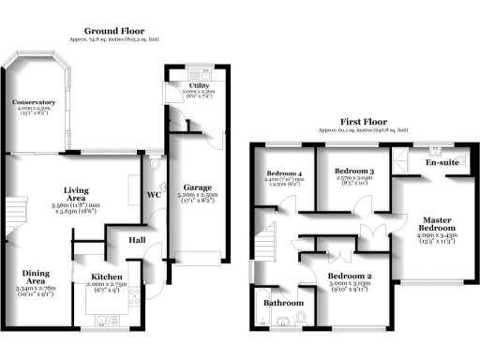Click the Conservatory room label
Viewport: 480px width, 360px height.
(x=32, y=101)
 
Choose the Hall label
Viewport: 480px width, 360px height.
(x=137, y=240)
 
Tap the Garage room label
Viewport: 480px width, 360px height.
(x=197, y=187)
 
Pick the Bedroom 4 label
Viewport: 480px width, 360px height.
(x=283, y=173)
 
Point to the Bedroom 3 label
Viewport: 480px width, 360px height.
(x=353, y=172)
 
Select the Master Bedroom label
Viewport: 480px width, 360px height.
(x=438, y=225)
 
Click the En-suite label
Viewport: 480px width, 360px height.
(x=441, y=163)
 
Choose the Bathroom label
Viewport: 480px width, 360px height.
(x=282, y=304)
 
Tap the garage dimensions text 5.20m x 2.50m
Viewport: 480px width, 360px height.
(x=197, y=195)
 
